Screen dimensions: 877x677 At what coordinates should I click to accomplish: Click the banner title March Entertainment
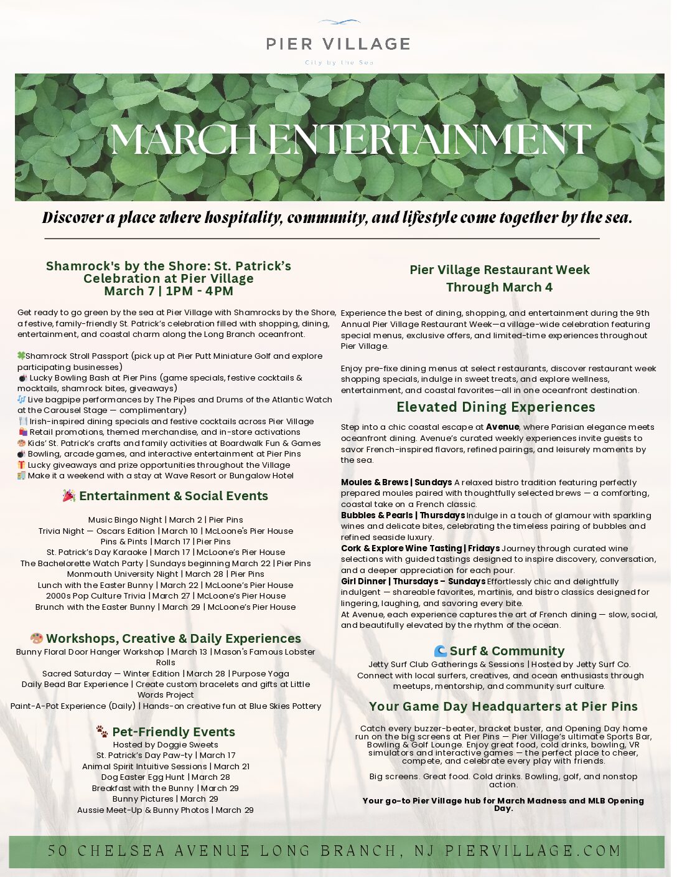tap(350, 140)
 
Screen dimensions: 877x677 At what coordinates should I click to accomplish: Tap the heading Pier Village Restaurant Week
tap(499, 270)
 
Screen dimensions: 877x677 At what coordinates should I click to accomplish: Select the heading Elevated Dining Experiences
tap(495, 407)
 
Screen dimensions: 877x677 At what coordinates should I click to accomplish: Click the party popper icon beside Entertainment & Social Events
tap(69, 496)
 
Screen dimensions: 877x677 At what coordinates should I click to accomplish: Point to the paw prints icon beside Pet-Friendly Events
tap(102, 731)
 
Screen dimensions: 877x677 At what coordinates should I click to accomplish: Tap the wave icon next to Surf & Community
tap(441, 651)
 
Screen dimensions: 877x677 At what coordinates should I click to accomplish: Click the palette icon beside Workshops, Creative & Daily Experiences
tap(37, 638)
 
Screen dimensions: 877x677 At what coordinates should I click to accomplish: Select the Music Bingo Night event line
tap(166, 519)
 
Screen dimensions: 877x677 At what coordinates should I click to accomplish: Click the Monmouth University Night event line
tap(166, 574)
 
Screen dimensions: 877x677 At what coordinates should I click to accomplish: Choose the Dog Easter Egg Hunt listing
tap(166, 777)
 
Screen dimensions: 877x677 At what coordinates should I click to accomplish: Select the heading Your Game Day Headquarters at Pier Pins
tap(503, 706)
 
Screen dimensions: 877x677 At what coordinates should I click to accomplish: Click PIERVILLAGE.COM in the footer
tap(533, 851)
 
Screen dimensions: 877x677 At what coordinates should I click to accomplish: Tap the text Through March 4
tap(499, 287)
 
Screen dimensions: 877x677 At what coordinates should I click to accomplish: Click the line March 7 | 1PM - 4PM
tap(169, 291)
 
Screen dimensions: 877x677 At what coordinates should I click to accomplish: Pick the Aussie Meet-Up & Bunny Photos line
tap(166, 810)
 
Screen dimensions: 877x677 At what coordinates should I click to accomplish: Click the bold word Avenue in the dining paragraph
tap(502, 427)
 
